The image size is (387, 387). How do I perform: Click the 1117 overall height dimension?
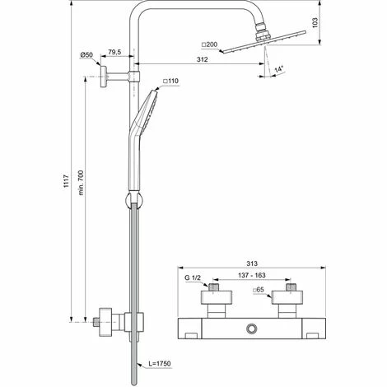66,181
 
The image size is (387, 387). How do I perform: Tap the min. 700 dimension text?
81,183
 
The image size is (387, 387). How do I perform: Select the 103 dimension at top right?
315,22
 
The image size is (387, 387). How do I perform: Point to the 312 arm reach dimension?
203,59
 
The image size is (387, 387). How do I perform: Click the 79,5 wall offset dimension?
114,52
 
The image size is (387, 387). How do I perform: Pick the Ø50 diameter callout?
86,55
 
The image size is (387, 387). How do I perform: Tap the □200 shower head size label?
209,44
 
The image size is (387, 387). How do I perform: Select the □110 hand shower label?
170,81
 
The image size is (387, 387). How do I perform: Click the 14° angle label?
279,68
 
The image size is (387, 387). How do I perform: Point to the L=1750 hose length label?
160,364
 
